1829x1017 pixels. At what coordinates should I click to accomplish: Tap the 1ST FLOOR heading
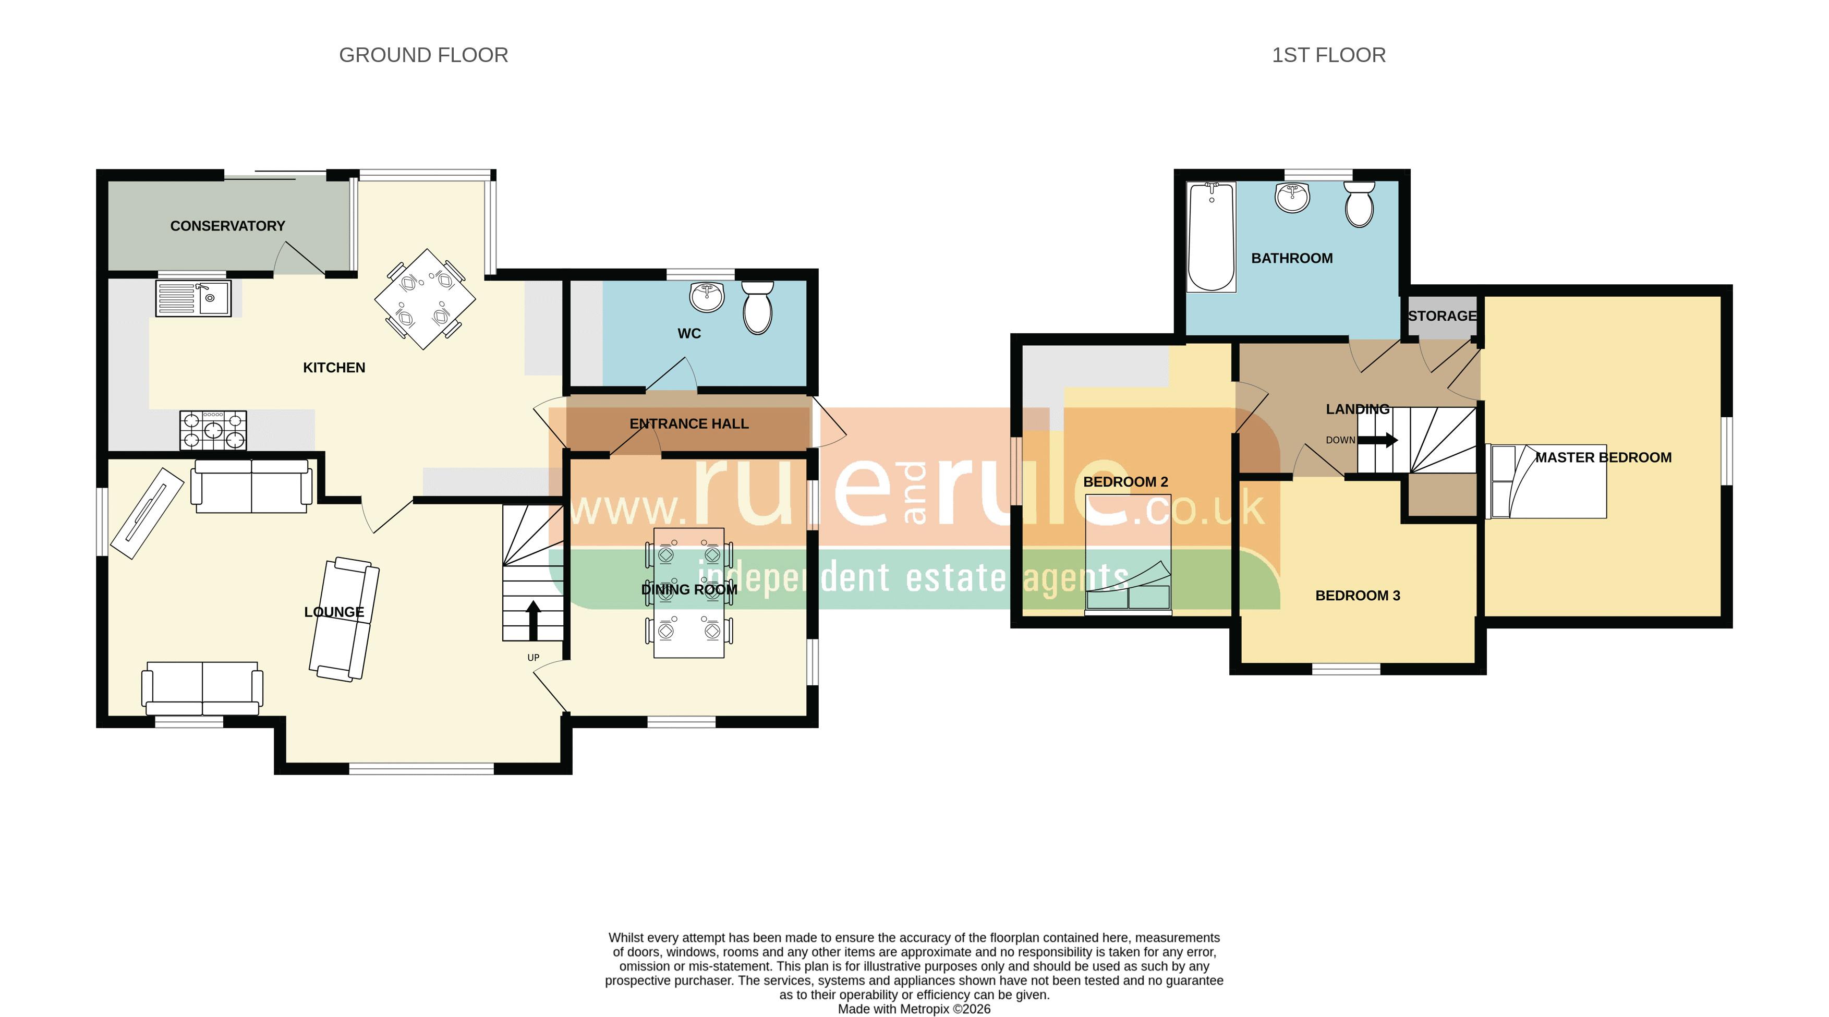coord(1328,55)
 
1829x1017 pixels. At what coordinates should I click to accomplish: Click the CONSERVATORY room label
coord(227,226)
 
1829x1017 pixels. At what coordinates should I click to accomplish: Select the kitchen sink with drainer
coord(193,298)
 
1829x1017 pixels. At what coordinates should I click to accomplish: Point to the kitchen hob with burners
coord(213,430)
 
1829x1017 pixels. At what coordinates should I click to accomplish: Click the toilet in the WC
coord(758,308)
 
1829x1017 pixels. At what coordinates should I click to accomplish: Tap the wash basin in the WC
coord(707,297)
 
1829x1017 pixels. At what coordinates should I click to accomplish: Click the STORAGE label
coord(1442,316)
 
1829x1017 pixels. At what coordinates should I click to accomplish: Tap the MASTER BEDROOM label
coord(1603,457)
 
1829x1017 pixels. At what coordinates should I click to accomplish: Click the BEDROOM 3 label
coord(1358,596)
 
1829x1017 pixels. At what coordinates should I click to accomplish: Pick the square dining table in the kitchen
coord(425,299)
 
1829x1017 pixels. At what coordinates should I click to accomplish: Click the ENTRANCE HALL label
coord(689,424)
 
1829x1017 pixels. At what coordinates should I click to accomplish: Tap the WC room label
coord(689,334)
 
